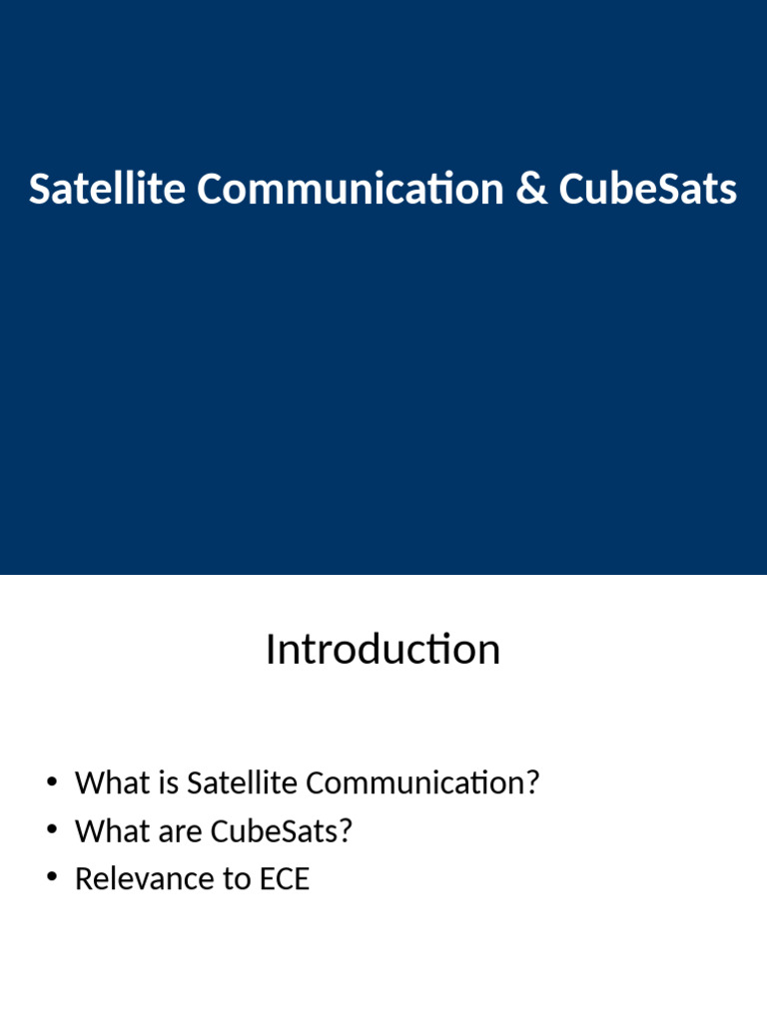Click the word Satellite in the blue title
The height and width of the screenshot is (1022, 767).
pyautogui.click(x=107, y=189)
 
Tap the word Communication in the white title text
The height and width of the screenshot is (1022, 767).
pyautogui.click(x=351, y=189)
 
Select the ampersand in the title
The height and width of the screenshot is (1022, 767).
pyautogui.click(x=531, y=189)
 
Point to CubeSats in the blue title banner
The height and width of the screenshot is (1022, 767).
pyautogui.click(x=648, y=189)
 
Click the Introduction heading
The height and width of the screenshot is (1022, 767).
pyautogui.click(x=383, y=650)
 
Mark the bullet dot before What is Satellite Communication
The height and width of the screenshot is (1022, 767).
pyautogui.click(x=51, y=781)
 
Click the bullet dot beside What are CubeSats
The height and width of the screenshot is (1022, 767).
pyautogui.click(x=51, y=830)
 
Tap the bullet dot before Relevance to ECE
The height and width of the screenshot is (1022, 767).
pyautogui.click(x=51, y=878)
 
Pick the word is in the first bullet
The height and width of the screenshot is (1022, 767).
pyautogui.click(x=167, y=782)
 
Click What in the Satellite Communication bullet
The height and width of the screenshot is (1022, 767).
pyautogui.click(x=108, y=782)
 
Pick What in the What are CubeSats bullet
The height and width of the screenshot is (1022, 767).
pyautogui.click(x=108, y=830)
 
